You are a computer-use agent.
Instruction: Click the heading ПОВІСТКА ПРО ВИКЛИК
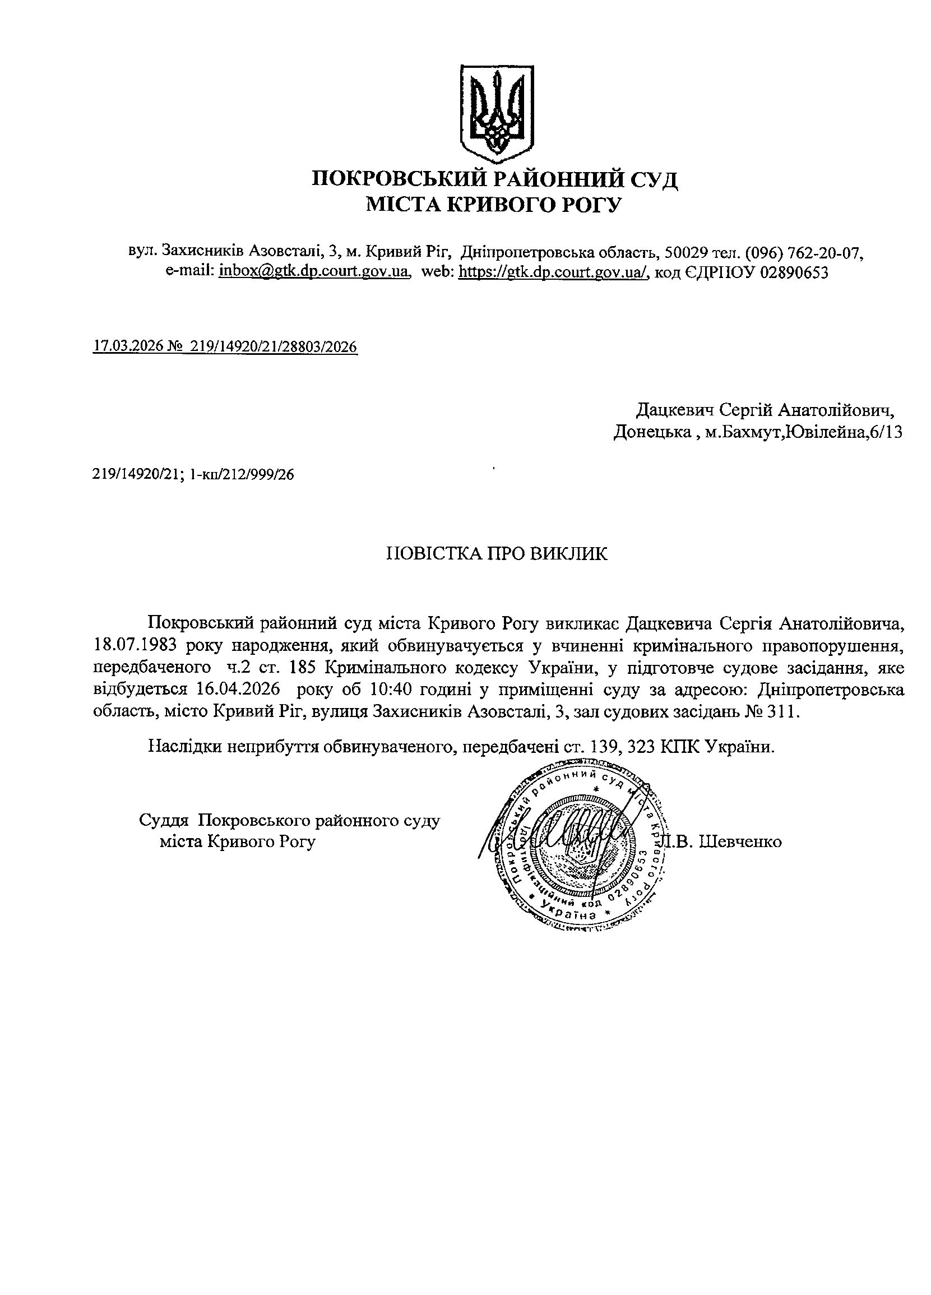497,554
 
